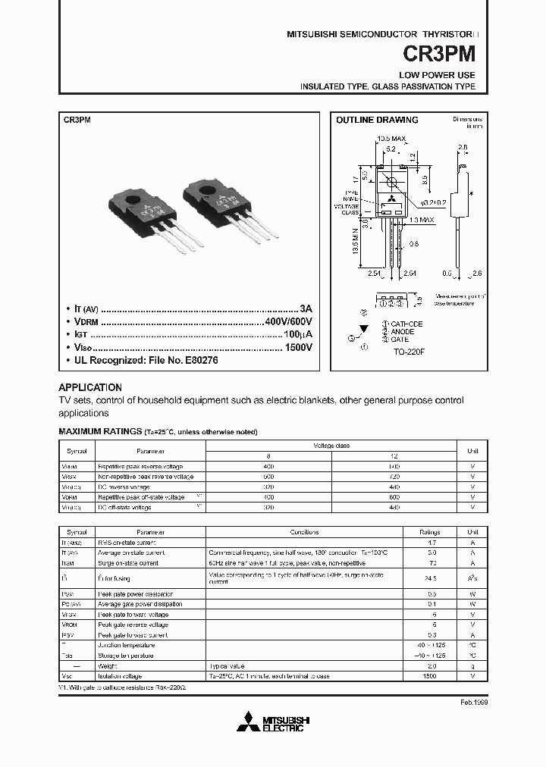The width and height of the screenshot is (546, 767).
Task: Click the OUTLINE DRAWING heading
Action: (377, 120)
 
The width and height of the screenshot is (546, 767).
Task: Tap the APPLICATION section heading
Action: (90, 387)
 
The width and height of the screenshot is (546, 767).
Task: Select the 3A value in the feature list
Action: (306, 309)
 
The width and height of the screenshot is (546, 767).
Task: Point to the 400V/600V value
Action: (288, 322)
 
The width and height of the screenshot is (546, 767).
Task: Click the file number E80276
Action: (196, 361)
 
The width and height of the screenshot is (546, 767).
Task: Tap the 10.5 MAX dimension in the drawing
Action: (391, 139)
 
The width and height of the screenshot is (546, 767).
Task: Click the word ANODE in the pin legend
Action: (402, 331)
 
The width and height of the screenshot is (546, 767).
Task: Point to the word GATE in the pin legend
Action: (399, 340)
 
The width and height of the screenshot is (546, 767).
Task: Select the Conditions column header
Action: (304, 532)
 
